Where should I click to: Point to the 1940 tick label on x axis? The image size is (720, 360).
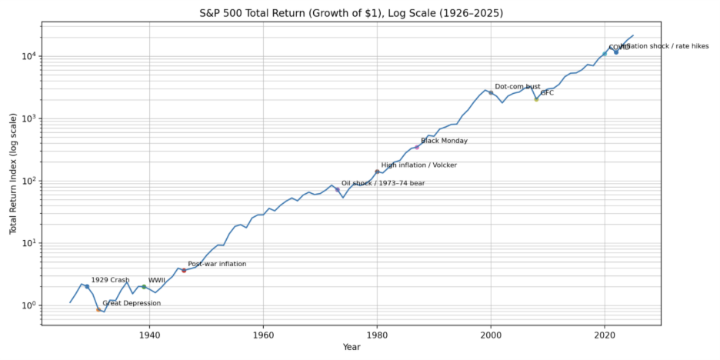[150, 335]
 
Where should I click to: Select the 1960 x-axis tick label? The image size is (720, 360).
[264, 335]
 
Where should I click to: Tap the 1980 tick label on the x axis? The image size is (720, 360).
[377, 335]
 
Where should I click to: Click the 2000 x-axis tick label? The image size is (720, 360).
[491, 335]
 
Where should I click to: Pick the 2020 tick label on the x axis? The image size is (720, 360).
[605, 335]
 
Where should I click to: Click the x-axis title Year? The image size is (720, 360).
[351, 348]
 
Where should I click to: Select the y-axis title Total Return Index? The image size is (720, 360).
[13, 174]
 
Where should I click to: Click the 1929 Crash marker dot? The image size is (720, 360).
[87, 286]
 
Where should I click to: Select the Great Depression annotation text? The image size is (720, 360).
[132, 303]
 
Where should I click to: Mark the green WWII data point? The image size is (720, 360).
[144, 287]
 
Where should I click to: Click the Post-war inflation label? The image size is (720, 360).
[217, 264]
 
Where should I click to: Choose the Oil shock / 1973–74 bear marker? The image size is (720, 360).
[337, 189]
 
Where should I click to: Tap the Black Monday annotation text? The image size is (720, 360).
[444, 141]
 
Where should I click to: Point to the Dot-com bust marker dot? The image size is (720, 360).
[491, 92]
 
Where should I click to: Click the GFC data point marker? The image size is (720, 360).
[536, 98]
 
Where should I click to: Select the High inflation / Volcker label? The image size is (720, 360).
[418, 165]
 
